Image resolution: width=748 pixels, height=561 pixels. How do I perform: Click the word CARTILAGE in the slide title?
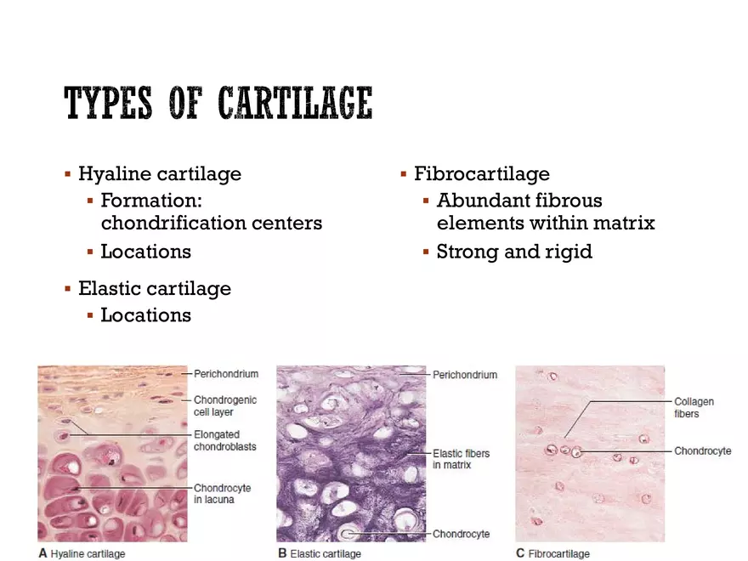[295, 104]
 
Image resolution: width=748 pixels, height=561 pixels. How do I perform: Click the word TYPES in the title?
[108, 104]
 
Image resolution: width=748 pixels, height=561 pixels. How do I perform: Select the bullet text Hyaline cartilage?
[160, 174]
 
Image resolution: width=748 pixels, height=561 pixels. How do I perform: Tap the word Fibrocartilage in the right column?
[482, 174]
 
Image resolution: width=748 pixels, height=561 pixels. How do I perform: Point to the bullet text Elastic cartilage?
[155, 289]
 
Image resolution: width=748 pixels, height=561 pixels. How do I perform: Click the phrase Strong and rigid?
[514, 252]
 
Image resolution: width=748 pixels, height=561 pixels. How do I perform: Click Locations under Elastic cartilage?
[145, 315]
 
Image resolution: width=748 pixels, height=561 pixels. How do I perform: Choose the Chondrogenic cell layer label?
[225, 405]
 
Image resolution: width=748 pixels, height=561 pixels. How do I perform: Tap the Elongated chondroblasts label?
[224, 440]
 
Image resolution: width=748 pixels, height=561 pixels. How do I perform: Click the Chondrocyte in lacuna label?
[222, 494]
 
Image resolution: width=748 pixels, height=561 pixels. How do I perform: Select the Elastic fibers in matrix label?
[462, 459]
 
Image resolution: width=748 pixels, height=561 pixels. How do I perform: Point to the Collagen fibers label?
[694, 407]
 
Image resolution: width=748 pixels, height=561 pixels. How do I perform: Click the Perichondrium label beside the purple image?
[465, 374]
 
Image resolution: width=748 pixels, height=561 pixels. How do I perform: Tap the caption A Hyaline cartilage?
[82, 553]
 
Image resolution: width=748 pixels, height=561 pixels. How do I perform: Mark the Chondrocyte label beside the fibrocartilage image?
[702, 450]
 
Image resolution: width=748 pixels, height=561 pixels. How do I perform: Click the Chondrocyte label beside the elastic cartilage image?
[461, 534]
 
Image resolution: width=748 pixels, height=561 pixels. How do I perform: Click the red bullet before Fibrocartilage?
[404, 174]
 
